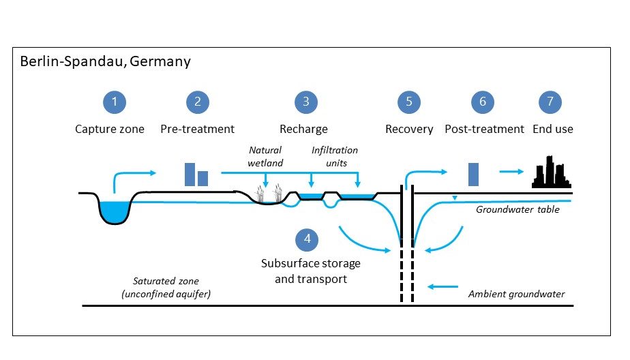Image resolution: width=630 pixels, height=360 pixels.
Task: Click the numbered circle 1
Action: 115,102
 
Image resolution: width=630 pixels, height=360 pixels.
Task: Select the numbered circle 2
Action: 198,102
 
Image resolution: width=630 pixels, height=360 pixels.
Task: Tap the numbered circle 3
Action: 306,102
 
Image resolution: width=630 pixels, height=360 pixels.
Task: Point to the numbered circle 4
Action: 307,239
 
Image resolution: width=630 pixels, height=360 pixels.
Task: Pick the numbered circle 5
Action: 409,102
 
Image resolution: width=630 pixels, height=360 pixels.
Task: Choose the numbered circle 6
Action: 483,102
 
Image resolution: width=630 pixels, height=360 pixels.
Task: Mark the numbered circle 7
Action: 551,102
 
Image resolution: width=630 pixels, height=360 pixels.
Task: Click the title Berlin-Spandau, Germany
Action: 105,62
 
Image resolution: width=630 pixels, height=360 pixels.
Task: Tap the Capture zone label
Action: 110,129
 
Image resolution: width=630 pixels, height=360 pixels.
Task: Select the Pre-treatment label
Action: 198,129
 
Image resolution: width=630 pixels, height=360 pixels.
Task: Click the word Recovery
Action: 409,129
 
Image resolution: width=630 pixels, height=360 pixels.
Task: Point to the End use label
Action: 553,129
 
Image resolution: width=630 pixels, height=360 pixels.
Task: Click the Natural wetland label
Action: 265,155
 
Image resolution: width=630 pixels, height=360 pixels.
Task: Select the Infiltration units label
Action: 334,155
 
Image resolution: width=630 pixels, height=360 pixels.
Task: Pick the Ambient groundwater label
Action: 517,295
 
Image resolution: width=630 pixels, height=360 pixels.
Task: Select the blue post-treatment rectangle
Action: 473,174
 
